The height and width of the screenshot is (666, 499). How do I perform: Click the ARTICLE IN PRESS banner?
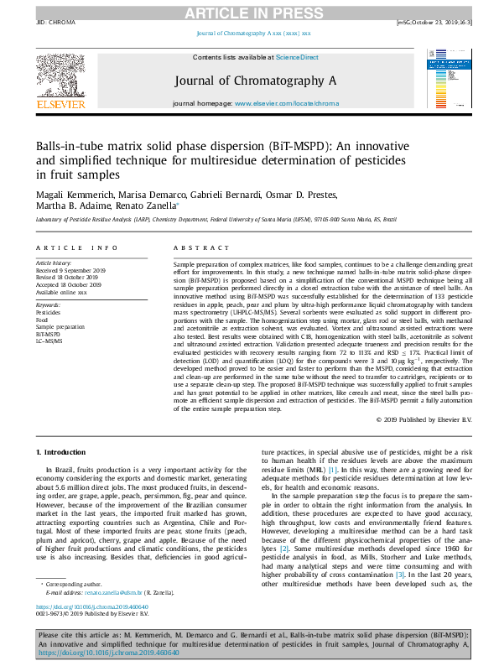pyautogui.click(x=249, y=12)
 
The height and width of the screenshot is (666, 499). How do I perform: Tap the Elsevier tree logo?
pyautogui.click(x=60, y=81)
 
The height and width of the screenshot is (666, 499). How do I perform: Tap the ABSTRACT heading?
pyautogui.click(x=197, y=248)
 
